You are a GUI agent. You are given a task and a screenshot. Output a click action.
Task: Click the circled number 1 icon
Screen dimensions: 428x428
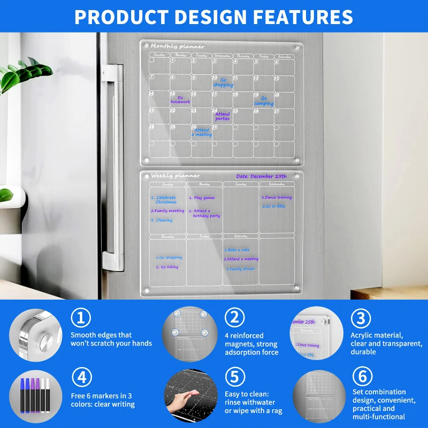[81, 318]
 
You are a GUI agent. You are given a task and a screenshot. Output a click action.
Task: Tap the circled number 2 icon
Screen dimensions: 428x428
[234, 318]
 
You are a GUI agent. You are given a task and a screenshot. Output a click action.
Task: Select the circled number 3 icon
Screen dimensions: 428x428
[361, 318]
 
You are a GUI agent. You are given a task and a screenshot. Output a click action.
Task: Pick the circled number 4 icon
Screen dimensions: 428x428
[81, 378]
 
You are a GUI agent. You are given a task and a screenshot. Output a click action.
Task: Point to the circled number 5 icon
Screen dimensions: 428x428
[234, 378]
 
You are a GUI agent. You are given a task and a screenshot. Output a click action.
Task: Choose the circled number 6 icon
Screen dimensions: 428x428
[361, 377]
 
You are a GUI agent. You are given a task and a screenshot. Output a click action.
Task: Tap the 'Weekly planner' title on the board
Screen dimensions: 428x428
[175, 175]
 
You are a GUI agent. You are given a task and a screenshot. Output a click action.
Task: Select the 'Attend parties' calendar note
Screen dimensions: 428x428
[223, 116]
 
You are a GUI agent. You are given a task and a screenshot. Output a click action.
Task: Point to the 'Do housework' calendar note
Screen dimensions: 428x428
[180, 100]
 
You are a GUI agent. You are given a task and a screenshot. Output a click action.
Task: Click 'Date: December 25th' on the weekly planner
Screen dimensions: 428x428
[262, 176]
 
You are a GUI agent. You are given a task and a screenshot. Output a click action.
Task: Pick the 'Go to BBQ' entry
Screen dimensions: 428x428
[274, 205]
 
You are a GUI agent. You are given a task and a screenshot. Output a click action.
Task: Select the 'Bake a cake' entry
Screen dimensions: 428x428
[238, 250]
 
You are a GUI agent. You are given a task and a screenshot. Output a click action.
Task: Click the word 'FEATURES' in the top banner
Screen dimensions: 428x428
[303, 17]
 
